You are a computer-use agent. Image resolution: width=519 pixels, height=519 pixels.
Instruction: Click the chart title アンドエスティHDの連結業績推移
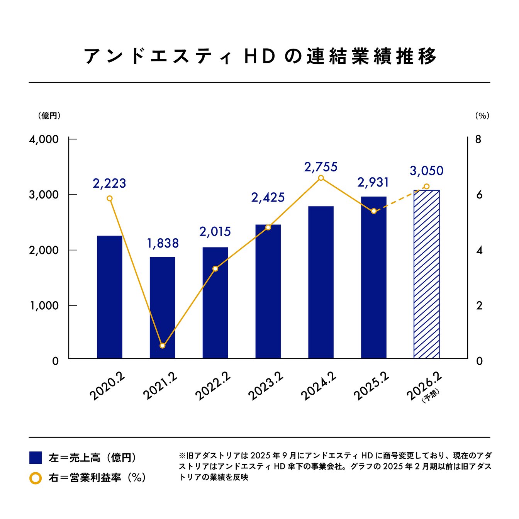259,56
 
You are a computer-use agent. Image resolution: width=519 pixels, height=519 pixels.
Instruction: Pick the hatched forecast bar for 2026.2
426,274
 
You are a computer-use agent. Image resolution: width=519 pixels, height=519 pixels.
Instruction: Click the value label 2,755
321,167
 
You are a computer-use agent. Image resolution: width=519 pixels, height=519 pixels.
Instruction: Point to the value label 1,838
163,243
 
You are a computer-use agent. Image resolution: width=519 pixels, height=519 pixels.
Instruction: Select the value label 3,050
426,171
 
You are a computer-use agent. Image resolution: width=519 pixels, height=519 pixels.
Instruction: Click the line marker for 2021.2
162,346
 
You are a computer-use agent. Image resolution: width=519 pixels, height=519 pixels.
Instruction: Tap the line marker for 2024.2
321,178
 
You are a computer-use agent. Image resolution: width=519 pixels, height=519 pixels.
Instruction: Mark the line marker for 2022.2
215,268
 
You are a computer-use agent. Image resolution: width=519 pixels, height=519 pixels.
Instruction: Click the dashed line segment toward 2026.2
400,199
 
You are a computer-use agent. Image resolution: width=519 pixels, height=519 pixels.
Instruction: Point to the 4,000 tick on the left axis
44,139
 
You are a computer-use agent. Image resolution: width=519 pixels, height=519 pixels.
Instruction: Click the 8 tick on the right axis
478,139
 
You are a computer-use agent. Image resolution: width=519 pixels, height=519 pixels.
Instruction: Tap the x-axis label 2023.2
266,387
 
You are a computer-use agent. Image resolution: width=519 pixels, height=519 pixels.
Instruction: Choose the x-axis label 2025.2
371,387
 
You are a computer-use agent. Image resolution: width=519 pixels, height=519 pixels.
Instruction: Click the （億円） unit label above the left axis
49,115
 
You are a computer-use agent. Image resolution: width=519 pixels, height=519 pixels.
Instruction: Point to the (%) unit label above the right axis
482,115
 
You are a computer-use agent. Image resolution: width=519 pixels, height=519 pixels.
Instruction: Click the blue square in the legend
36,458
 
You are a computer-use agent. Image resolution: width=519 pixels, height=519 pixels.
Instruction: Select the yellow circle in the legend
36,478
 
